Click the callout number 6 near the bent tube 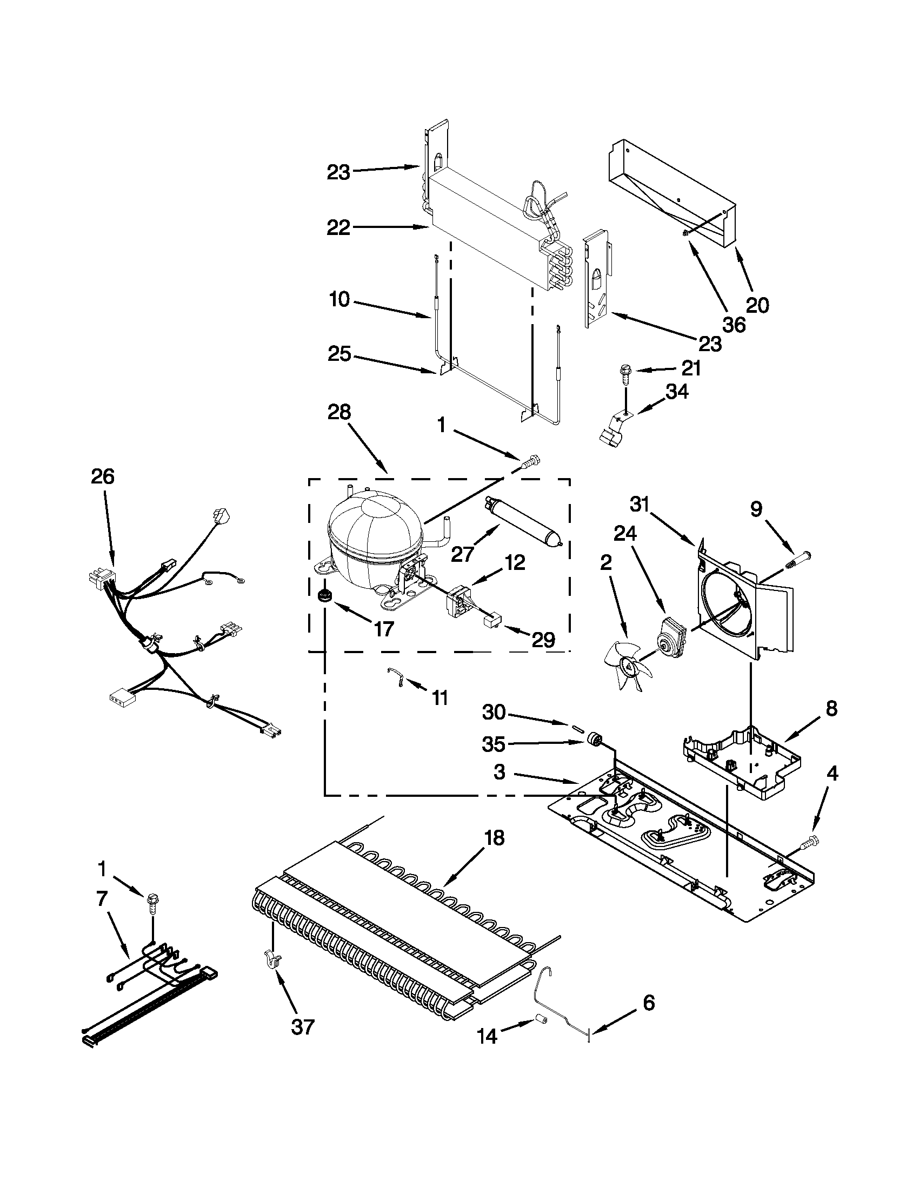pos(648,1003)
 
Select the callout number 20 pos(757,305)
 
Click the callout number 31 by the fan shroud pos(640,505)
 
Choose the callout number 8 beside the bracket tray pos(831,709)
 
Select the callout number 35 pos(494,744)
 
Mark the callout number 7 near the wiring pos(102,899)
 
